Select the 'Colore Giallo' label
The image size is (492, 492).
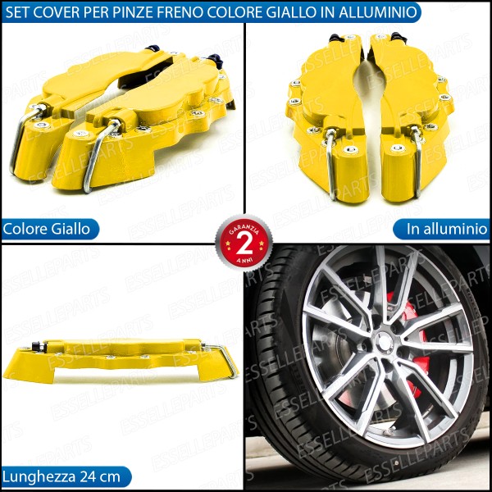[47, 230]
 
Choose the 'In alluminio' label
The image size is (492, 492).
[447, 229]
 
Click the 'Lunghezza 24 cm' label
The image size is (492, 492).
[61, 477]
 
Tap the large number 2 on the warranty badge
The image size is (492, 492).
[244, 244]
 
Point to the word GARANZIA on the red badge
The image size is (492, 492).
[244, 230]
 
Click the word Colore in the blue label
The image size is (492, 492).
[25, 230]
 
